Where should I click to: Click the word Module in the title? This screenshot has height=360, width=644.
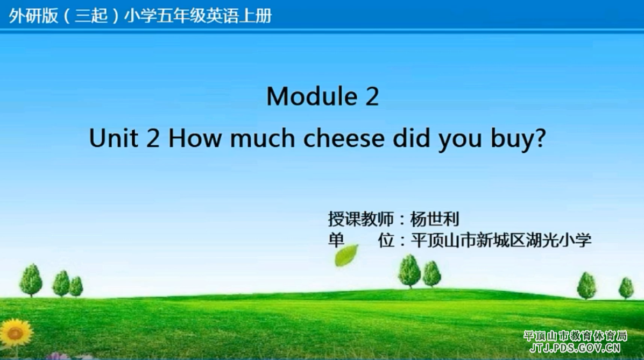tap(312, 96)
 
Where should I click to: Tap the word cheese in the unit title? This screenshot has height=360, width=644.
tap(344, 138)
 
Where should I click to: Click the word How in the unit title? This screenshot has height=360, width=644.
tap(195, 138)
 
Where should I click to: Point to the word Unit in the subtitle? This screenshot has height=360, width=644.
tap(113, 138)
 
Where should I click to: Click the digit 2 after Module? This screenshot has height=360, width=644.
tap(372, 96)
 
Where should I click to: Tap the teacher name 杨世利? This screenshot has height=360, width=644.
tap(435, 220)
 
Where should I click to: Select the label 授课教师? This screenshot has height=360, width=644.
tap(360, 220)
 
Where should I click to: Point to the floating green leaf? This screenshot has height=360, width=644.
tap(346, 255)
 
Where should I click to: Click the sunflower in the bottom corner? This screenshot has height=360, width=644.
tap(16, 333)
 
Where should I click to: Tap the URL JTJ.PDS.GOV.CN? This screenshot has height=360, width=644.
tap(575, 349)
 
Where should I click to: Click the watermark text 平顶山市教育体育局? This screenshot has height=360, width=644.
tap(576, 336)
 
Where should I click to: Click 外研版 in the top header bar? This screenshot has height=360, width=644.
tap(34, 16)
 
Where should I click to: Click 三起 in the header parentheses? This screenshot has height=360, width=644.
tap(91, 16)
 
